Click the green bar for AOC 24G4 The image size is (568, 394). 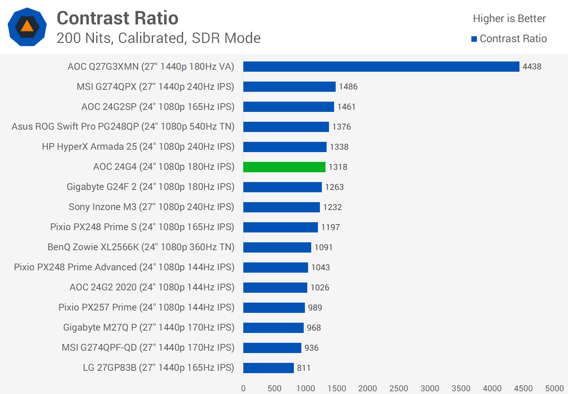284,167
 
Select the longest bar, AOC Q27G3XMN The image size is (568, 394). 381,67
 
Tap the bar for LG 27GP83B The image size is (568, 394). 268,368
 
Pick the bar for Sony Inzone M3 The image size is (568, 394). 281,207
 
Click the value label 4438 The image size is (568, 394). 532,67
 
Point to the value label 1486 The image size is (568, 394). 348,87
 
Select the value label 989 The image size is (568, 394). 315,308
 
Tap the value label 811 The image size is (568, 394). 304,368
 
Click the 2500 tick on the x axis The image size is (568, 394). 398,388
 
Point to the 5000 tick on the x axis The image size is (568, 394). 554,388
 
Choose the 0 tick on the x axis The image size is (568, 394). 243,388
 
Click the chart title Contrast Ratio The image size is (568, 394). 118,18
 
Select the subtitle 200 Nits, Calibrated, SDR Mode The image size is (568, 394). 159,38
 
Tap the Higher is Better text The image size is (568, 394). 509,19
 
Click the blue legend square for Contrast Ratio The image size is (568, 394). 474,39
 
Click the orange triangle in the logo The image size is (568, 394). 27,26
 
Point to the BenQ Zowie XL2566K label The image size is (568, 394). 141,247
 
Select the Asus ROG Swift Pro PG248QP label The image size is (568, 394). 123,126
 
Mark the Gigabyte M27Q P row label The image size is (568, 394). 149,327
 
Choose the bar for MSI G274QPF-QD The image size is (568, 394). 272,348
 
